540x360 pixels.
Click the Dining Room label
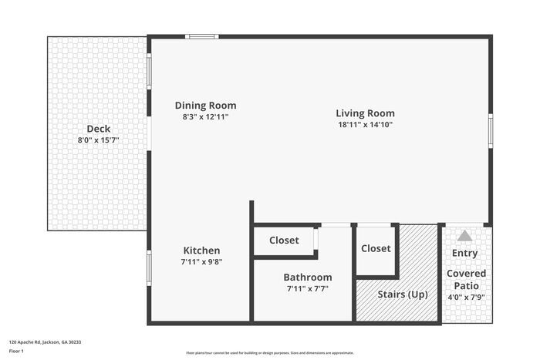pyautogui.click(x=205, y=106)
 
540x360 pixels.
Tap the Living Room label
pyautogui.click(x=365, y=113)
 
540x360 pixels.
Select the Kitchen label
pyautogui.click(x=201, y=251)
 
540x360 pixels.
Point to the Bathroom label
pyautogui.click(x=307, y=278)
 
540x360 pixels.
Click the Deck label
pyautogui.click(x=98, y=129)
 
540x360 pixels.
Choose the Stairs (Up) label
pyautogui.click(x=402, y=294)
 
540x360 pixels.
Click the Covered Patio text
pyautogui.click(x=467, y=279)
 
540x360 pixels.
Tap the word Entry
pyautogui.click(x=464, y=253)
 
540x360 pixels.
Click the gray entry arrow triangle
pyautogui.click(x=464, y=237)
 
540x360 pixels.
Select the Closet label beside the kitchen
pyautogui.click(x=284, y=241)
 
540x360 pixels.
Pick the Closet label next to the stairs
pyautogui.click(x=376, y=248)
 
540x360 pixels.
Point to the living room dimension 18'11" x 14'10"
pyautogui.click(x=365, y=124)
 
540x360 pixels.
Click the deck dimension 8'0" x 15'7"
pyautogui.click(x=98, y=140)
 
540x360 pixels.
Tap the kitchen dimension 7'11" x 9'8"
pyautogui.click(x=201, y=262)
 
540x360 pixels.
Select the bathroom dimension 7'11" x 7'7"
pyautogui.click(x=307, y=289)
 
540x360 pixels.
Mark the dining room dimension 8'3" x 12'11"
pyautogui.click(x=205, y=117)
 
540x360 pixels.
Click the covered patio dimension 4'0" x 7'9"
pyautogui.click(x=467, y=296)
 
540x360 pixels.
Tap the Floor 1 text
pyautogui.click(x=17, y=351)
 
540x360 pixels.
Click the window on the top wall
pyautogui.click(x=202, y=36)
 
